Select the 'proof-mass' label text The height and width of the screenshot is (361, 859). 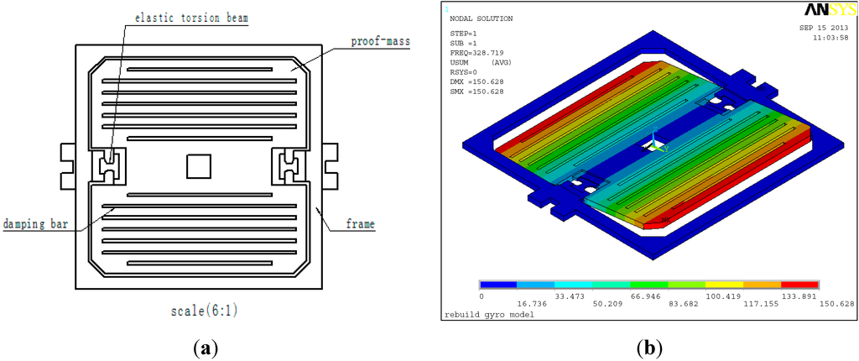click(x=374, y=42)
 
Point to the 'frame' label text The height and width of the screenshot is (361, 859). click(x=361, y=224)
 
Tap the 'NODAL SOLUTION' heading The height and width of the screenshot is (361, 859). click(x=482, y=18)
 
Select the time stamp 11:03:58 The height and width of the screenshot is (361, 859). click(x=828, y=38)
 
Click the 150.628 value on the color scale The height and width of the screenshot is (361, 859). click(x=837, y=303)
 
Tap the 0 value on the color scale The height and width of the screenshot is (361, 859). click(x=481, y=296)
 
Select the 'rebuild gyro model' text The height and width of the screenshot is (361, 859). click(x=488, y=314)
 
